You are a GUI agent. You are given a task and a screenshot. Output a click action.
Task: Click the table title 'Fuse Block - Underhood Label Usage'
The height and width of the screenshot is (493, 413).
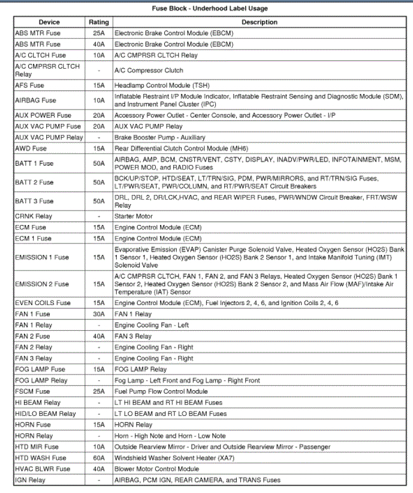(x=207, y=8)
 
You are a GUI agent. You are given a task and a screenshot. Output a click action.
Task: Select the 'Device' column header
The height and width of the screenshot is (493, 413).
(x=49, y=22)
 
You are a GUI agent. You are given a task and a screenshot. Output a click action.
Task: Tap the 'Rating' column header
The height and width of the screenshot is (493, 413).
(x=99, y=22)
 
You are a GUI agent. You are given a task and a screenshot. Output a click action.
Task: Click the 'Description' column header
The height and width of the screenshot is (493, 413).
(x=260, y=22)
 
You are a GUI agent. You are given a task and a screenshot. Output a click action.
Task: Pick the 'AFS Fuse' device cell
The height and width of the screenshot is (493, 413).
(x=29, y=86)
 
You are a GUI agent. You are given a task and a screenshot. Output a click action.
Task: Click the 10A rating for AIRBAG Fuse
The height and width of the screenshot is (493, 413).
(x=99, y=101)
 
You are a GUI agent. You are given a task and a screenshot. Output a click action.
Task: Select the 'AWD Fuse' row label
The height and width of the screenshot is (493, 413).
(x=31, y=148)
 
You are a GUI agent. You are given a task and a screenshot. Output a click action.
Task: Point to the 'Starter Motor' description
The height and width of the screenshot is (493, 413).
(x=134, y=216)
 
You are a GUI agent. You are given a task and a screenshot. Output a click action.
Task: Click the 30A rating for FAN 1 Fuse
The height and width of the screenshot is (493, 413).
(x=99, y=314)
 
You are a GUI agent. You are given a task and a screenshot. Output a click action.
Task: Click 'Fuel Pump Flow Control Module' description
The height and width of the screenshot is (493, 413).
(x=161, y=391)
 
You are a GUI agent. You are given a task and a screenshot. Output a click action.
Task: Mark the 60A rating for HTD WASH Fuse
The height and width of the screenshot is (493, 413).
(x=99, y=458)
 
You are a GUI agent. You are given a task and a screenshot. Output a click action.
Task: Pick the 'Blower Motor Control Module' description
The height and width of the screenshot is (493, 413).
(x=156, y=469)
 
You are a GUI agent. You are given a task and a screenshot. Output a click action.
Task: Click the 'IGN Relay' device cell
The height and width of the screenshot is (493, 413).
(x=30, y=480)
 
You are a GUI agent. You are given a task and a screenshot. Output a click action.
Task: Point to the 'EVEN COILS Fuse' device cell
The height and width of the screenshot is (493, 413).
(x=43, y=303)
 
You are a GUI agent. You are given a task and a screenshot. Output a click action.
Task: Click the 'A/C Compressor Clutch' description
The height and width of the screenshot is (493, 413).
(x=149, y=71)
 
